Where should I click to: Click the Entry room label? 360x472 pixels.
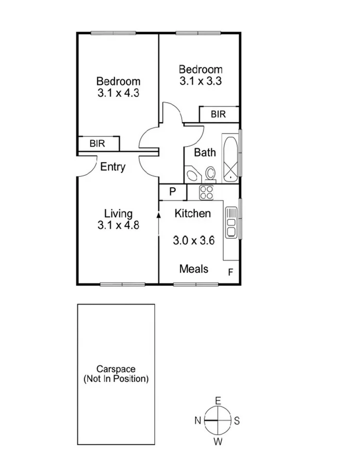click(113, 167)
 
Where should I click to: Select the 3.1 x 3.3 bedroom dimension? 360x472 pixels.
click(201, 81)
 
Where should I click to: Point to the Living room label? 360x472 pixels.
click(119, 213)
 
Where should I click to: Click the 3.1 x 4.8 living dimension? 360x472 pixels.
click(119, 225)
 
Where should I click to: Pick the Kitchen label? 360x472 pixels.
click(192, 213)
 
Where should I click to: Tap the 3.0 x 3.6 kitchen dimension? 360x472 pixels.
click(193, 240)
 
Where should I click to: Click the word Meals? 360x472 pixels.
click(194, 269)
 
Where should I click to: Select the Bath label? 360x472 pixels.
click(205, 153)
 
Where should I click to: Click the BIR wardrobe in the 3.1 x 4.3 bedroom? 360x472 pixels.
click(97, 143)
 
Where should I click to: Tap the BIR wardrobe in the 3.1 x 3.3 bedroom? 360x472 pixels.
click(219, 115)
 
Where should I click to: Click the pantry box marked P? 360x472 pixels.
click(173, 192)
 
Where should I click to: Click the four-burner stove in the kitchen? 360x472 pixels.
click(206, 192)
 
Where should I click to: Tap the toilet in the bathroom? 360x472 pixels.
click(210, 172)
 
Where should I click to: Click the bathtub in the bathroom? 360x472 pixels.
click(230, 158)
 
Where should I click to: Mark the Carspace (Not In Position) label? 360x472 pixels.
click(116, 373)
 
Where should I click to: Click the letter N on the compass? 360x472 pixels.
click(198, 420)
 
